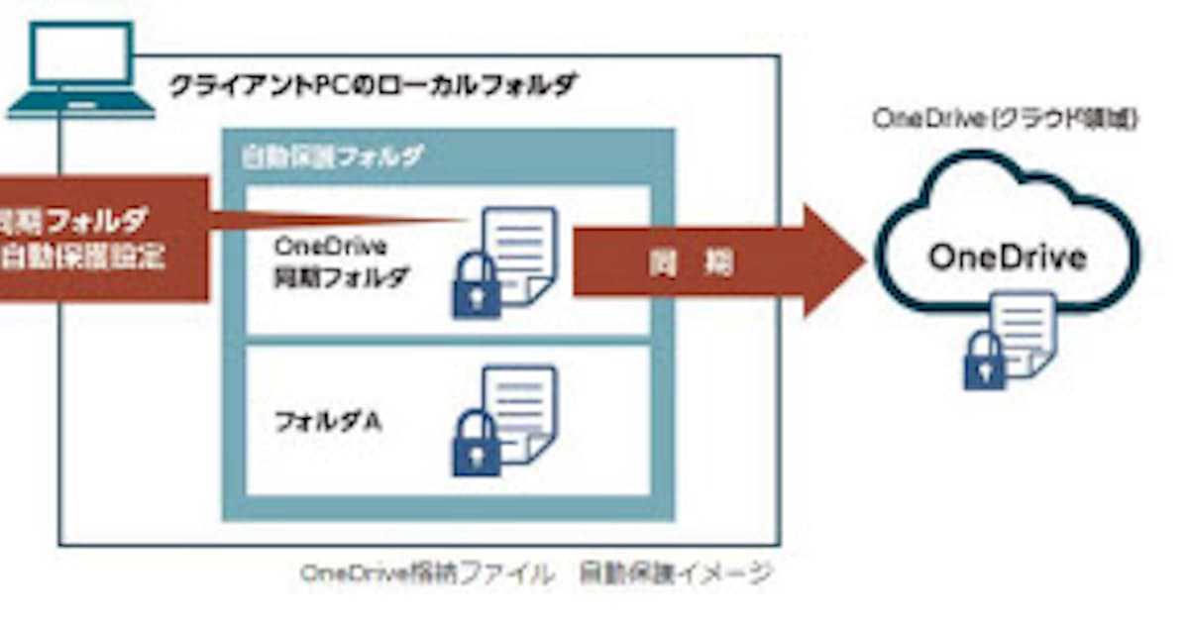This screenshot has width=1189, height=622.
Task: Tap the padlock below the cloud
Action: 984,361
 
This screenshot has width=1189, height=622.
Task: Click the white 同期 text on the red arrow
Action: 688,262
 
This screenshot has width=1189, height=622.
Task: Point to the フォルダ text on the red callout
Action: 95,218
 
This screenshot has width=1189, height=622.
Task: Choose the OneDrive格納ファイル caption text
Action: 427,573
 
